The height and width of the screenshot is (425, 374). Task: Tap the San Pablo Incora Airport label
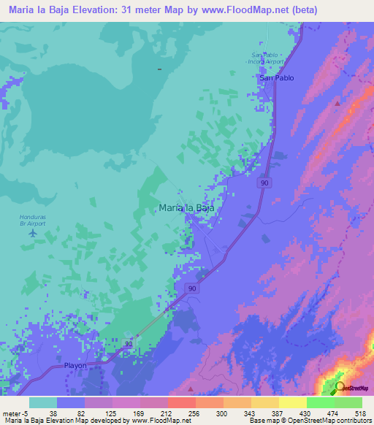point(268,58)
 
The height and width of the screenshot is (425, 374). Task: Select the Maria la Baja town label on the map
point(186,207)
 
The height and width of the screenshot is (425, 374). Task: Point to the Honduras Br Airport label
point(32,220)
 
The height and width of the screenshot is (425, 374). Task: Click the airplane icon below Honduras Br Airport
point(32,233)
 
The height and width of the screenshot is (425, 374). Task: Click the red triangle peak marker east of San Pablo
point(337,103)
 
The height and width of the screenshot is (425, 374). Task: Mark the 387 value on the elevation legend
point(278,412)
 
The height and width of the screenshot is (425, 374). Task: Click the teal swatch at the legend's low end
point(42,402)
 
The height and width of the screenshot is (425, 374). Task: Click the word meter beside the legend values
point(11,412)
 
